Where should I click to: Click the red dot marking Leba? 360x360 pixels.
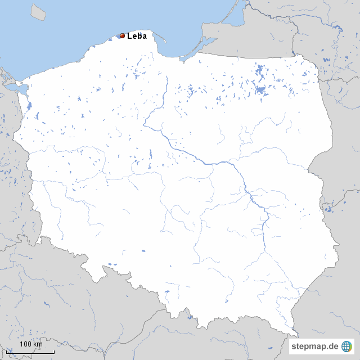click(122, 35)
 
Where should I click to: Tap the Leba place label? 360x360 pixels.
click(137, 36)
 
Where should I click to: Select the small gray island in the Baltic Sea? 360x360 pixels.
click(38, 11)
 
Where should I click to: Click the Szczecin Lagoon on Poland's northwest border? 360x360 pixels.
click(22, 89)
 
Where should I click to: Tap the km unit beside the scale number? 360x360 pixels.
click(38, 344)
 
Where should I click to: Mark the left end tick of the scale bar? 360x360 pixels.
click(15, 352)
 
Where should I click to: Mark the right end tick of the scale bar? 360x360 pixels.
click(54, 352)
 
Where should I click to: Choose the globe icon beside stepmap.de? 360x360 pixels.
click(347, 346)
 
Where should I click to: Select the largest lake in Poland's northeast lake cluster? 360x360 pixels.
click(260, 89)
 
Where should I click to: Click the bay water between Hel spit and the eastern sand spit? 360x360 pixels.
click(180, 42)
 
